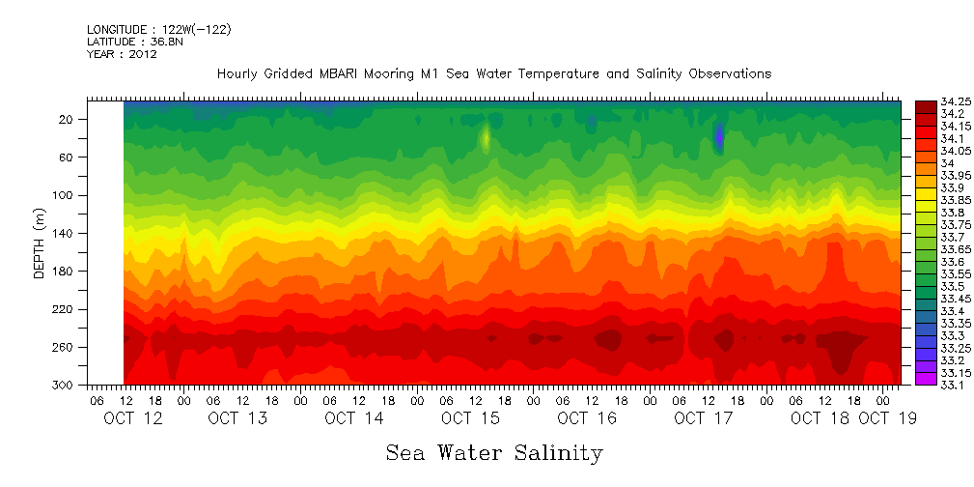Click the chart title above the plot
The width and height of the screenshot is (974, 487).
click(493, 73)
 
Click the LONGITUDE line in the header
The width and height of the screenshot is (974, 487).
click(158, 30)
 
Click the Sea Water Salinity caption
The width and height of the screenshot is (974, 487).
click(494, 452)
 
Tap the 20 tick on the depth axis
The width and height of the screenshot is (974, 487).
click(67, 119)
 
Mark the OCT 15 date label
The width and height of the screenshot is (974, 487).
click(470, 418)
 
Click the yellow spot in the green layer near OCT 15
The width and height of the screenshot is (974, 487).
click(486, 137)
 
